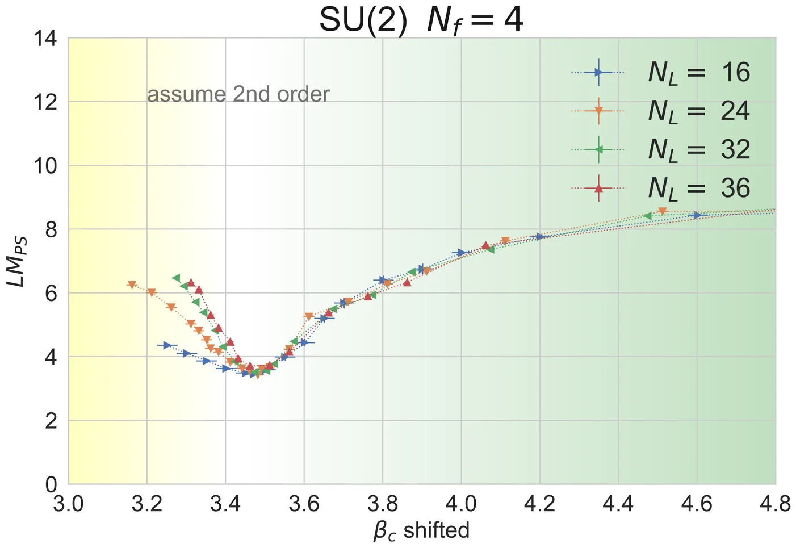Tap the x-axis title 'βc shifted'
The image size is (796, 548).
point(421,530)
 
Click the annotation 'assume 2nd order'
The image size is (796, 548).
point(238,94)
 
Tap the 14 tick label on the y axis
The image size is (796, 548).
point(45,39)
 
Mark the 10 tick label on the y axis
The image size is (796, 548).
point(45,166)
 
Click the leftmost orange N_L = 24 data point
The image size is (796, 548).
point(132,285)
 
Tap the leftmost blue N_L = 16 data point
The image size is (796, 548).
point(167,345)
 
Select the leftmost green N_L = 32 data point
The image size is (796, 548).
point(176,278)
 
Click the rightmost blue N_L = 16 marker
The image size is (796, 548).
point(697,215)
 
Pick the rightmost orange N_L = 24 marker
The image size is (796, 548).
point(662,211)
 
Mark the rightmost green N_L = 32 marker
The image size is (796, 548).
point(648,216)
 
